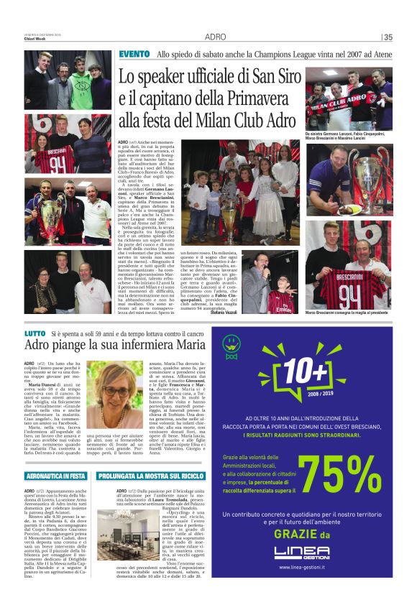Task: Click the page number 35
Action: (x=388, y=37)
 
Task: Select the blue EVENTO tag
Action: (x=134, y=54)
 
